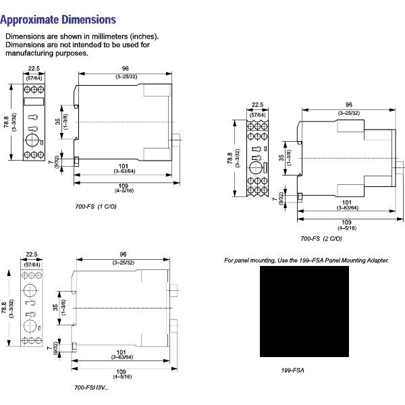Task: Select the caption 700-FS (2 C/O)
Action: [321, 238]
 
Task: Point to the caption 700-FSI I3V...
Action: [90, 387]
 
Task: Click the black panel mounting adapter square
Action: [304, 311]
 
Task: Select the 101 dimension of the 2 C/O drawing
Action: [346, 202]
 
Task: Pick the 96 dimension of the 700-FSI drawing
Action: [123, 255]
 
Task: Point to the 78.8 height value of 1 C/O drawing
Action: [7, 124]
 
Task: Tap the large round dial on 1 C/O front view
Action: [32, 140]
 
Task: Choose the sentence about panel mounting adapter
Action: [306, 260]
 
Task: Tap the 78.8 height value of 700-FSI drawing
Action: [7, 307]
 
